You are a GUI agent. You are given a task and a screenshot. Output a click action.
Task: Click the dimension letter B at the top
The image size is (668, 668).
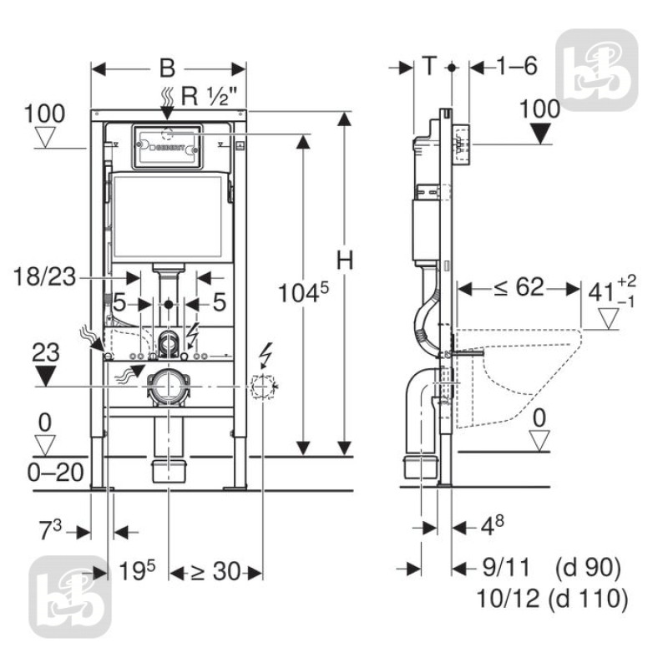[x=168, y=68]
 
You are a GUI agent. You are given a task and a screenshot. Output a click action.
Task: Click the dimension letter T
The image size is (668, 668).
[x=429, y=67]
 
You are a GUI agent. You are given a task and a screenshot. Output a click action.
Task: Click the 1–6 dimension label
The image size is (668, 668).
[x=512, y=67]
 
